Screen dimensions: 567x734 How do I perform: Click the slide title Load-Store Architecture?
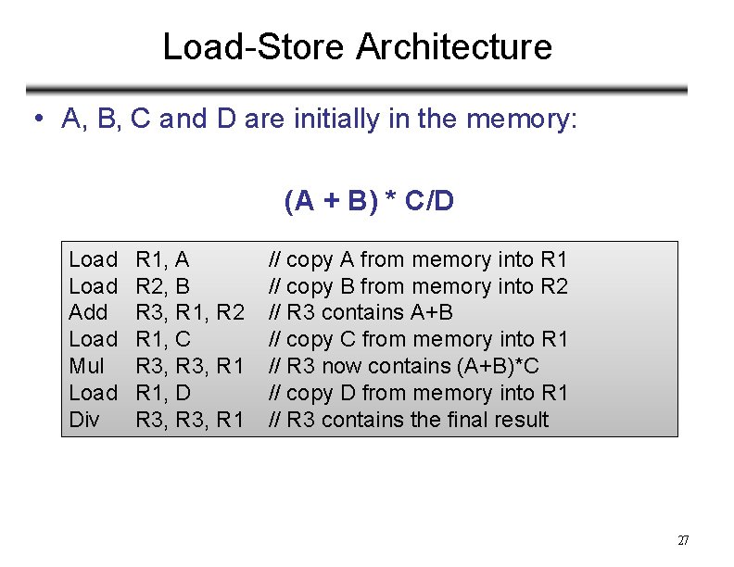(357, 46)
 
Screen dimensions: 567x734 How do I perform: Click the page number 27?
(683, 541)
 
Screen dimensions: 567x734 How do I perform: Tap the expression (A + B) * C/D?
(369, 201)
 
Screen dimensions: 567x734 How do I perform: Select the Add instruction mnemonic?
(89, 312)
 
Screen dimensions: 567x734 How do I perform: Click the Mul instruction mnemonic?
(87, 366)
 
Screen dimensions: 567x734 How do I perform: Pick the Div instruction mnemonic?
(84, 420)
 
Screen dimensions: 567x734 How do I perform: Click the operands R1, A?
(162, 259)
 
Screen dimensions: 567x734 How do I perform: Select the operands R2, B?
(162, 286)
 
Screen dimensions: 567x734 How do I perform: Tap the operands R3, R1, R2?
(190, 312)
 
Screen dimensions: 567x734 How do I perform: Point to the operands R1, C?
(162, 339)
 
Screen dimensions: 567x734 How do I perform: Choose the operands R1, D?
(163, 393)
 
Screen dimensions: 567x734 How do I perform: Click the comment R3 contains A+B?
(361, 312)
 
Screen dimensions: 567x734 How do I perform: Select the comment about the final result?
(408, 420)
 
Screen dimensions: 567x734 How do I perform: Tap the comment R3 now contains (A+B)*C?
(403, 366)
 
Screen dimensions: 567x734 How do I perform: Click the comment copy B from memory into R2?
(418, 286)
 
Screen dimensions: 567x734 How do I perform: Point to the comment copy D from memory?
(418, 393)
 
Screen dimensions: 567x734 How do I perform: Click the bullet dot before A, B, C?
(34, 119)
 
